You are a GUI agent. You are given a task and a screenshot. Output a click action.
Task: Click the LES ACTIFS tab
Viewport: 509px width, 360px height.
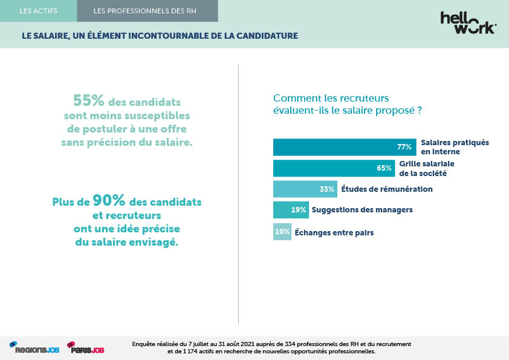point(39,11)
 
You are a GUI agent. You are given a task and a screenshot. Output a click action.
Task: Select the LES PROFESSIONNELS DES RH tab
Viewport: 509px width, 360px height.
point(147,11)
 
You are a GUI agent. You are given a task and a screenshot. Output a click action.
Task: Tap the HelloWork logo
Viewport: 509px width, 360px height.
point(468,22)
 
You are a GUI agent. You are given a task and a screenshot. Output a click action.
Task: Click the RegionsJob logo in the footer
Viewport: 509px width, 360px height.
point(34,347)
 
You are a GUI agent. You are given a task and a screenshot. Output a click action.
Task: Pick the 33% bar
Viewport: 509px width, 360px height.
point(305,189)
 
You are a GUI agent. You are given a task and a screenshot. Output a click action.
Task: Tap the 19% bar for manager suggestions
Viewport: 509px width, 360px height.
point(291,210)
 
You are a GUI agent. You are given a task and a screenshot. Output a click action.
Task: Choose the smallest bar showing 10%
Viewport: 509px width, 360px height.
point(282,231)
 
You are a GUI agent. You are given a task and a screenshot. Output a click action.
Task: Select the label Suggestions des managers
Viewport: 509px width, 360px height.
point(361,210)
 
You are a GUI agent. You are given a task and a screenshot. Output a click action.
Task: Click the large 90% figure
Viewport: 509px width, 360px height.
point(109,201)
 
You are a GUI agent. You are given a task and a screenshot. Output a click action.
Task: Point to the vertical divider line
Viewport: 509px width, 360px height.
point(239,194)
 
